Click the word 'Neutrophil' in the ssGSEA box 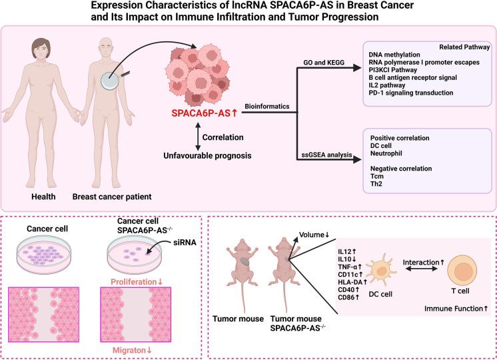386,152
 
